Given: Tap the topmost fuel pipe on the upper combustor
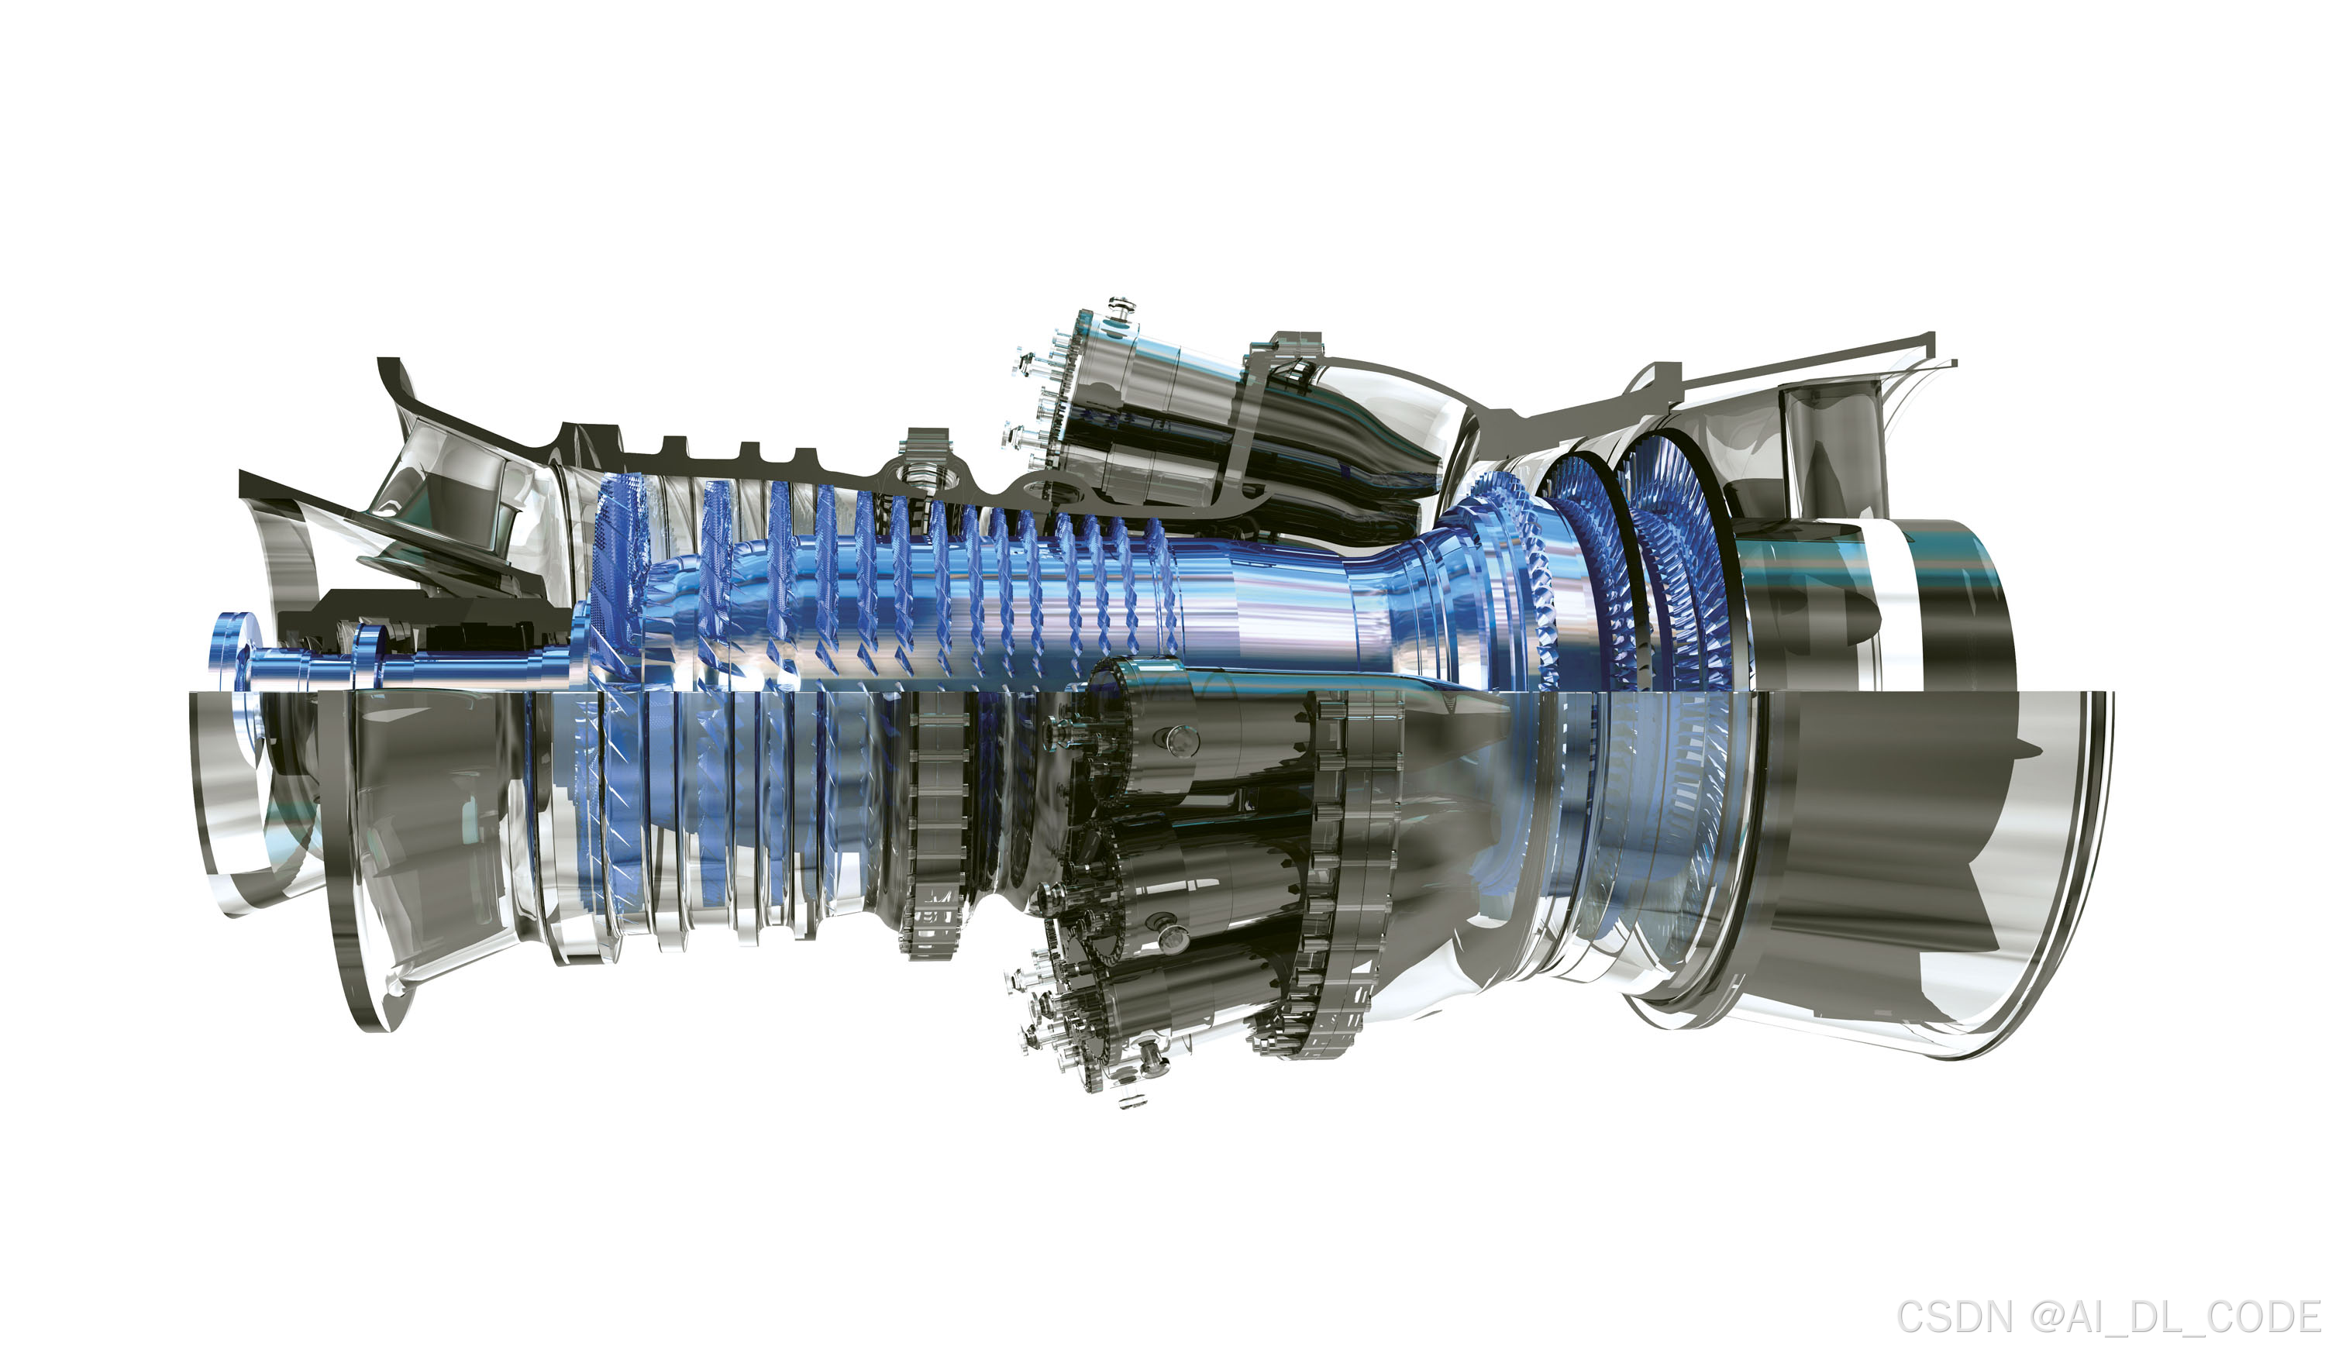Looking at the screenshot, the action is pos(1121,310).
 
